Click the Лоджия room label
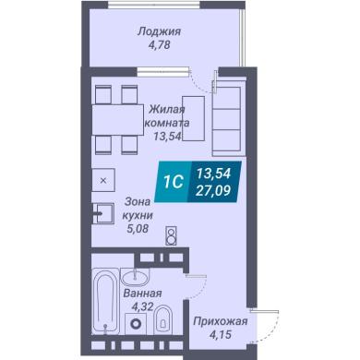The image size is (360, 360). point(159,31)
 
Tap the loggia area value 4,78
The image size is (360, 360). point(159,45)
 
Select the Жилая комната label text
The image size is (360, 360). point(167,116)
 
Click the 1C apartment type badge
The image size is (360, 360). point(174,182)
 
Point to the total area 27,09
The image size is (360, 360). point(213,191)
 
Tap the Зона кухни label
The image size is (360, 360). point(138,209)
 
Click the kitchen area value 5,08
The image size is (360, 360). point(138,228)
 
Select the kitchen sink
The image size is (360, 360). point(103,213)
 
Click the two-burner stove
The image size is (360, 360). point(171,235)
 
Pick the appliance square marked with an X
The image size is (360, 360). point(103,180)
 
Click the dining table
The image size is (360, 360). point(118,120)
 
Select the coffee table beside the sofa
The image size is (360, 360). point(194,119)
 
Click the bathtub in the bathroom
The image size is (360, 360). point(105,301)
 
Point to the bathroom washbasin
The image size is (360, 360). point(135,277)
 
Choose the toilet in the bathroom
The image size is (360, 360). point(162,319)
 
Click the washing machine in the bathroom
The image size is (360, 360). point(135,324)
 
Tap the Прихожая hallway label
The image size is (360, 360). point(221,321)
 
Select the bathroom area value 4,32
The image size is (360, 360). point(142,306)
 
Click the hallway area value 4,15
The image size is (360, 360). point(220,334)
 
